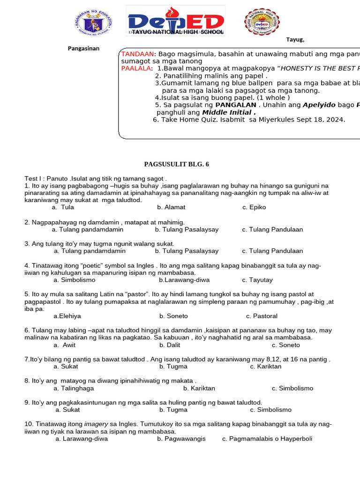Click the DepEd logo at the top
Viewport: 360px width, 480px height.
tap(176, 21)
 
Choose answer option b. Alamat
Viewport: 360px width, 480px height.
tap(171, 207)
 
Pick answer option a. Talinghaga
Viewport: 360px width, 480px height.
tap(74, 388)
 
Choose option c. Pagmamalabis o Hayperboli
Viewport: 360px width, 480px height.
tap(267, 439)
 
